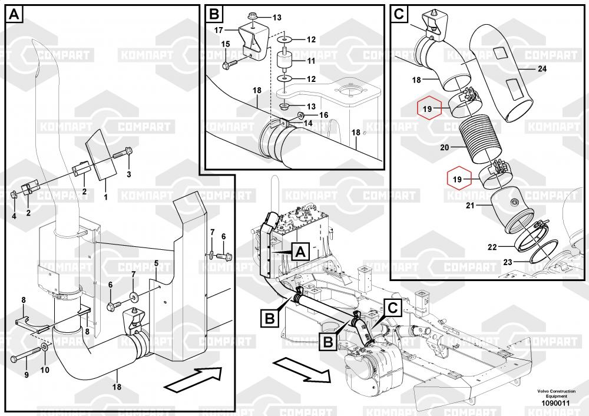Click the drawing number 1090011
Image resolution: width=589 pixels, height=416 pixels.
click(x=553, y=403)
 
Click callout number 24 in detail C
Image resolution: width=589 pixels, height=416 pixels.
click(x=542, y=69)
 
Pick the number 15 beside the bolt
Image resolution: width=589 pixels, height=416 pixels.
click(x=225, y=44)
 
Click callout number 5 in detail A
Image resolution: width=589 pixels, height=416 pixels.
click(x=156, y=262)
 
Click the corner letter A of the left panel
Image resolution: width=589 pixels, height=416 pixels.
click(x=14, y=14)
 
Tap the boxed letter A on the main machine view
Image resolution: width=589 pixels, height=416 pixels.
click(x=299, y=252)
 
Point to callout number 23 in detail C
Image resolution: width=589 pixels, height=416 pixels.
click(x=507, y=260)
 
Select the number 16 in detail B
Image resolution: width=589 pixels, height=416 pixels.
click(x=323, y=115)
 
